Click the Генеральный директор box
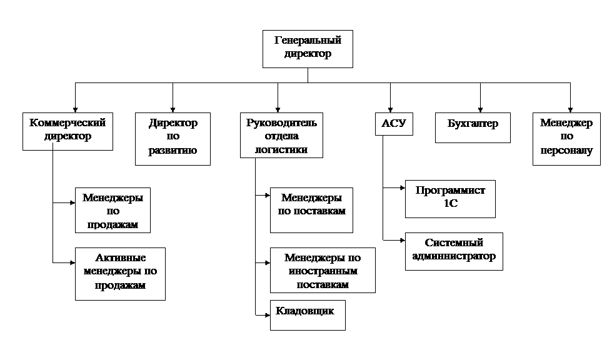pyautogui.click(x=308, y=49)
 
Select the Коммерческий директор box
pyautogui.click(x=68, y=131)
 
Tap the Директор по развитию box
pyautogui.click(x=173, y=138)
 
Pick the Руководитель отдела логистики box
pyautogui.click(x=281, y=135)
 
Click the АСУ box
pyautogui.click(x=394, y=124)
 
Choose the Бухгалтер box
pyautogui.click(x=473, y=127)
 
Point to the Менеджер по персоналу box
pyautogui.click(x=566, y=138)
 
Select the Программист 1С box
pyautogui.click(x=450, y=199)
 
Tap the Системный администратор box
pyautogui.click(x=454, y=251)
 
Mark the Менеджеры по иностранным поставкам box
pyautogui.click(x=323, y=270)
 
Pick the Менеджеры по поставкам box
pyautogui.click(x=311, y=210)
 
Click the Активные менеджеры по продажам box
pyautogui.click(x=120, y=274)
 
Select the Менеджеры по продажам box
pyautogui.click(x=113, y=210)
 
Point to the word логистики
pyautogui.click(x=281, y=150)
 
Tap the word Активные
pyautogui.click(x=121, y=257)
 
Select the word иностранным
pyautogui.click(x=323, y=271)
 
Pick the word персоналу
pyautogui.click(x=567, y=151)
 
